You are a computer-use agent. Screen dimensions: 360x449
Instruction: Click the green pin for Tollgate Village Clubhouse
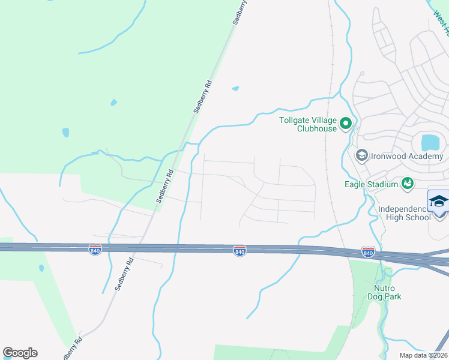coord(345,124)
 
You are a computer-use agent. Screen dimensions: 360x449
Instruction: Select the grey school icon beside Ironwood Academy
coord(361,156)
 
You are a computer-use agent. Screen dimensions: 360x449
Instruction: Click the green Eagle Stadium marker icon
coord(408,182)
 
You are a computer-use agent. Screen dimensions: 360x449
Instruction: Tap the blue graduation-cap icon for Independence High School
coord(439,201)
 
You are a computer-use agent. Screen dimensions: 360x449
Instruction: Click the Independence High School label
coord(405,214)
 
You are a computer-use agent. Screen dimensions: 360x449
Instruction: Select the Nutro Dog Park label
coord(384,292)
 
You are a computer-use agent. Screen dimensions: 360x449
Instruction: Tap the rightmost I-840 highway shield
coord(369,252)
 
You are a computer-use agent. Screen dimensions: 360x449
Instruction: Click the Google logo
coord(20,353)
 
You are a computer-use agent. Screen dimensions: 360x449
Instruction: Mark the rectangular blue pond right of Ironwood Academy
coord(430,142)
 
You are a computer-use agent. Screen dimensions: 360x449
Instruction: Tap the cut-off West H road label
coord(440,24)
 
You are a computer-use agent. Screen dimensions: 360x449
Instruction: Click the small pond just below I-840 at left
coord(41,268)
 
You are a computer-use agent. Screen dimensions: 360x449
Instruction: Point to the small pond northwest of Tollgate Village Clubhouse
coord(235,89)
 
